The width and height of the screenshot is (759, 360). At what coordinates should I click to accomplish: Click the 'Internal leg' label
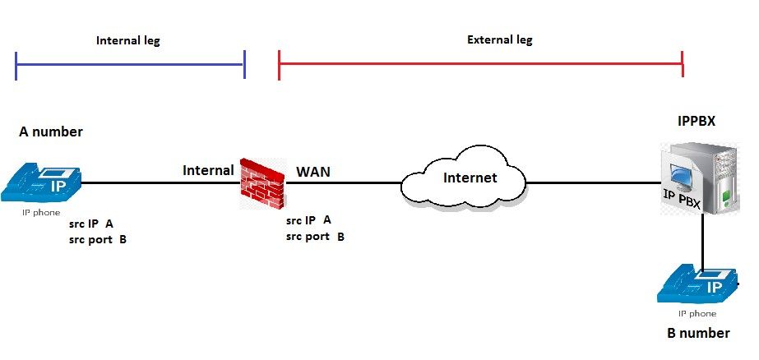127,40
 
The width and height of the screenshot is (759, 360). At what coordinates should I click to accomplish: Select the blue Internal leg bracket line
130,63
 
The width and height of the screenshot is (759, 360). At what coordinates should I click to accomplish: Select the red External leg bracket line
481,63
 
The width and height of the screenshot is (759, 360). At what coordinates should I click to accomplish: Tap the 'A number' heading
51,132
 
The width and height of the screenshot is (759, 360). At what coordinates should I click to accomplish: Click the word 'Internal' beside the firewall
208,170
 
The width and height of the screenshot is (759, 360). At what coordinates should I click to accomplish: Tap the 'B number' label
697,333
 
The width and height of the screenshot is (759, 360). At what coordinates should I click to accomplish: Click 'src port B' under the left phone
98,240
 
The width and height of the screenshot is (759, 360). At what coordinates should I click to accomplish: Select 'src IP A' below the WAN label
308,219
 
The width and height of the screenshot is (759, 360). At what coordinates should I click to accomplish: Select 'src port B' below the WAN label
315,237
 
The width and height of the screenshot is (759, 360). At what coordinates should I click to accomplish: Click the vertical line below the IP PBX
702,242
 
